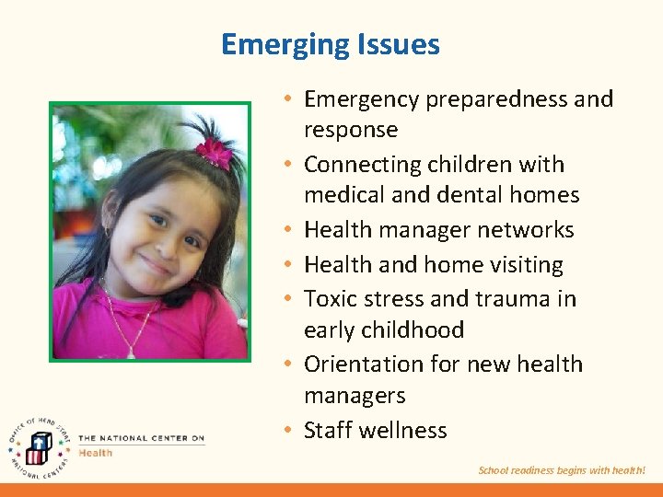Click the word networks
coord(530,230)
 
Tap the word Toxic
coord(329,299)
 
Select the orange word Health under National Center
coord(95,453)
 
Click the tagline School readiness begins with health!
coord(562,470)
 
